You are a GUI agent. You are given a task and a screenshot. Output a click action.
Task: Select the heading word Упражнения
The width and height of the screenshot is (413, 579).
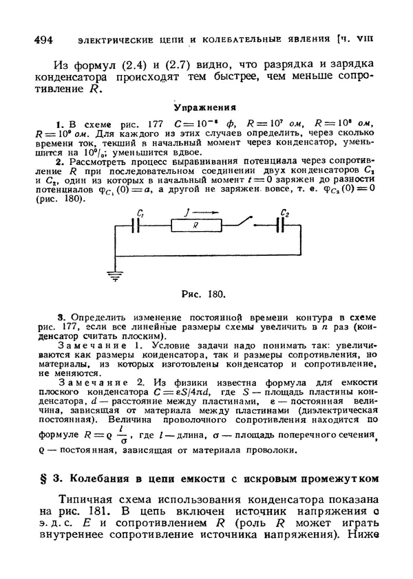pos(205,107)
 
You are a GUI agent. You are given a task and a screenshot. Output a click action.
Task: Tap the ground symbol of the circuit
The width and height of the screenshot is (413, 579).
pos(112,276)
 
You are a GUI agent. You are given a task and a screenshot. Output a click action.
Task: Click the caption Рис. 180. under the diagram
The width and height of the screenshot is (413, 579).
pos(203,294)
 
